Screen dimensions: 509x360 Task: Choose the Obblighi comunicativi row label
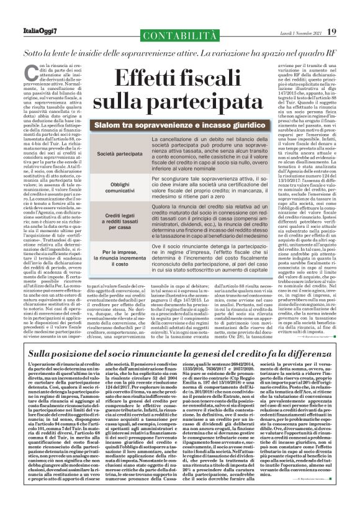point(111,189)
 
